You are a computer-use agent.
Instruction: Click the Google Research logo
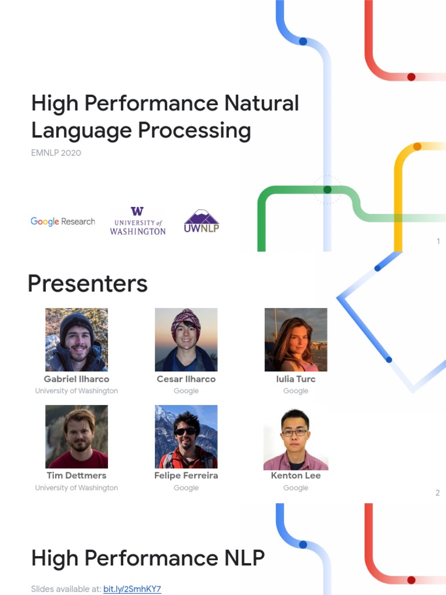pos(63,221)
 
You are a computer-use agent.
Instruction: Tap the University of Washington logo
pos(138,221)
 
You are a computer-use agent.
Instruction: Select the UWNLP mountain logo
pos(202,221)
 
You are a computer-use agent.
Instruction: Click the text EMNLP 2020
pos(56,153)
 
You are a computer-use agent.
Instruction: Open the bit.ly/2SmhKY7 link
pos(132,589)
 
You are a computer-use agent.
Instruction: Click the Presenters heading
pos(88,284)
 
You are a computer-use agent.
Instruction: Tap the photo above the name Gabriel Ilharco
pos(77,340)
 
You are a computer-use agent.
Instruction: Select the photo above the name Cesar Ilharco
pos(186,340)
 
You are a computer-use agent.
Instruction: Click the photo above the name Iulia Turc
pos(296,340)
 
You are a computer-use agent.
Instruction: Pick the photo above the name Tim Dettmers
pos(77,437)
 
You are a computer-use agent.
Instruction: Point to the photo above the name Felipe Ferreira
pos(186,437)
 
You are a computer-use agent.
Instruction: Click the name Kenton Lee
pos(296,476)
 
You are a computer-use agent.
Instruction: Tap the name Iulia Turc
pos(296,379)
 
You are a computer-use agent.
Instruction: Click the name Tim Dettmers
pos(77,476)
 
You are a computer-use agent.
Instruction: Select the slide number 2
pos(437,493)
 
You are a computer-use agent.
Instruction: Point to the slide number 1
pos(438,241)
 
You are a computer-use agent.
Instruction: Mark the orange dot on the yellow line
pos(417,146)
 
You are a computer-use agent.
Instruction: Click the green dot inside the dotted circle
pos(328,189)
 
